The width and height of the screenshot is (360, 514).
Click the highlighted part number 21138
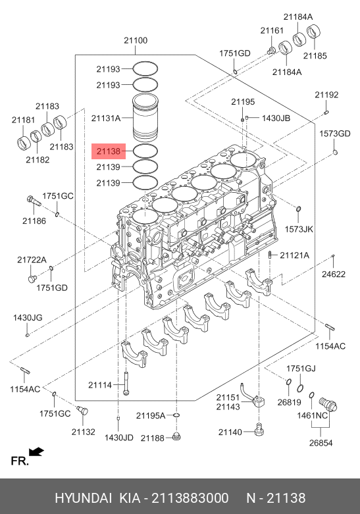pyautogui.click(x=109, y=151)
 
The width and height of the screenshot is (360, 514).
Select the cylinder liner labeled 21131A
pyautogui.click(x=145, y=118)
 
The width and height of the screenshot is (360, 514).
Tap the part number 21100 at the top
pyautogui.click(x=136, y=40)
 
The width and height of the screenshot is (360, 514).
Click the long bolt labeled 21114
pyautogui.click(x=126, y=383)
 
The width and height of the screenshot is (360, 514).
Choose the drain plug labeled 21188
pyautogui.click(x=176, y=436)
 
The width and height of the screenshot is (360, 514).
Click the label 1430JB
pyautogui.click(x=276, y=118)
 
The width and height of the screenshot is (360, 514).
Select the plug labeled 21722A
pyautogui.click(x=32, y=278)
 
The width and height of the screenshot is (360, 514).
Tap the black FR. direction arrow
pyautogui.click(x=36, y=451)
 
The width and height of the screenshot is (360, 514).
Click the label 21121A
pyautogui.click(x=294, y=255)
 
